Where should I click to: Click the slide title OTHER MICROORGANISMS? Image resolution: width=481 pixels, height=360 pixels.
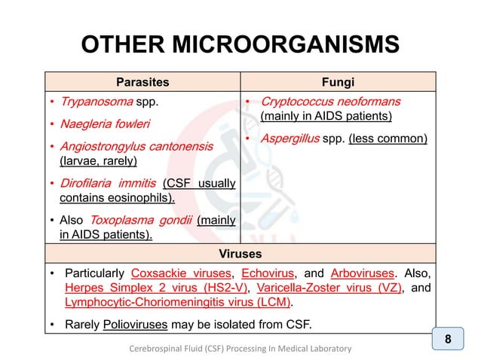coord(240,46)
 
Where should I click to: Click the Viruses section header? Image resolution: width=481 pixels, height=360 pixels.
coord(240,255)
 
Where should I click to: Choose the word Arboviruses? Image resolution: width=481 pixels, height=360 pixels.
coord(358,273)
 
